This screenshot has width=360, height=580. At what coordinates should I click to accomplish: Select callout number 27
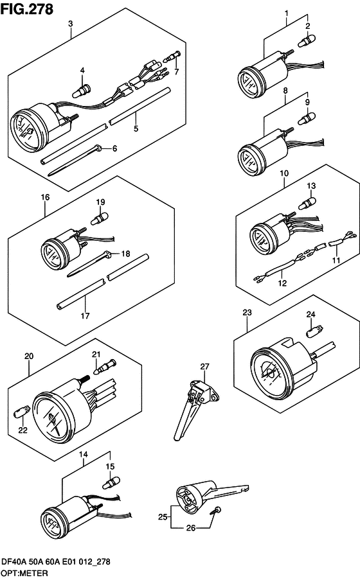[x=204, y=367]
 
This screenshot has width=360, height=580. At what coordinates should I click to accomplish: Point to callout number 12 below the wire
[x=281, y=283]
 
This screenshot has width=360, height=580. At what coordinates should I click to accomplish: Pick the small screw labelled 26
[x=216, y=511]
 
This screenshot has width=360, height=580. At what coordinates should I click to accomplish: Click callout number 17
[x=85, y=316]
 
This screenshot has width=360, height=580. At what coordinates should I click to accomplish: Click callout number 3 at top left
[x=71, y=24]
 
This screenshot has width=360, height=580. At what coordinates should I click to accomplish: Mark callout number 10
[x=284, y=173]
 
